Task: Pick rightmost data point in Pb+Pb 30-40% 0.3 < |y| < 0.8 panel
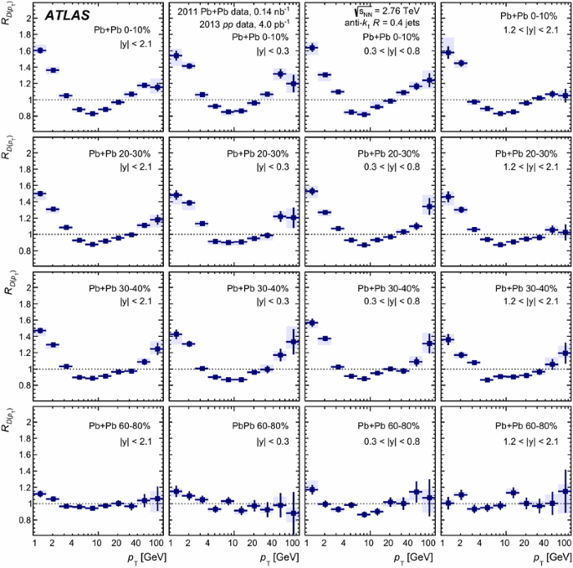pyautogui.click(x=430, y=343)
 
